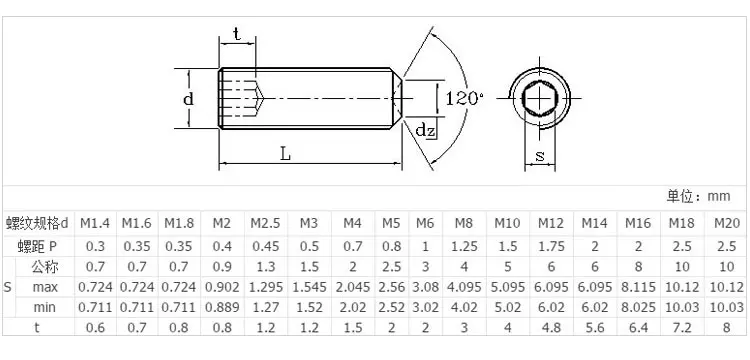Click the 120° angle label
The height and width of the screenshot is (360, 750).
point(464,98)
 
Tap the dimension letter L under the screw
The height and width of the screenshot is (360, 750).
point(285,154)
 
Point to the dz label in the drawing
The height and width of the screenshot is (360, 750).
point(425,130)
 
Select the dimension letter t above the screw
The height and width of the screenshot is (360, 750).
point(236,34)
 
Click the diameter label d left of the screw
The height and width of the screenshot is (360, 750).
point(189,99)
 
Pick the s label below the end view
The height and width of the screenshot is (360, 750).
point(540,155)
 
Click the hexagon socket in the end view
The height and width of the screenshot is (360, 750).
point(540,98)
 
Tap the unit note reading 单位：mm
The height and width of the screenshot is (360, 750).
point(698,196)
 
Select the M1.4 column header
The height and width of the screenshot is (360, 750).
point(95,223)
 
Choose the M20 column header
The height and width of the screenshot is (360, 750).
point(727,223)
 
